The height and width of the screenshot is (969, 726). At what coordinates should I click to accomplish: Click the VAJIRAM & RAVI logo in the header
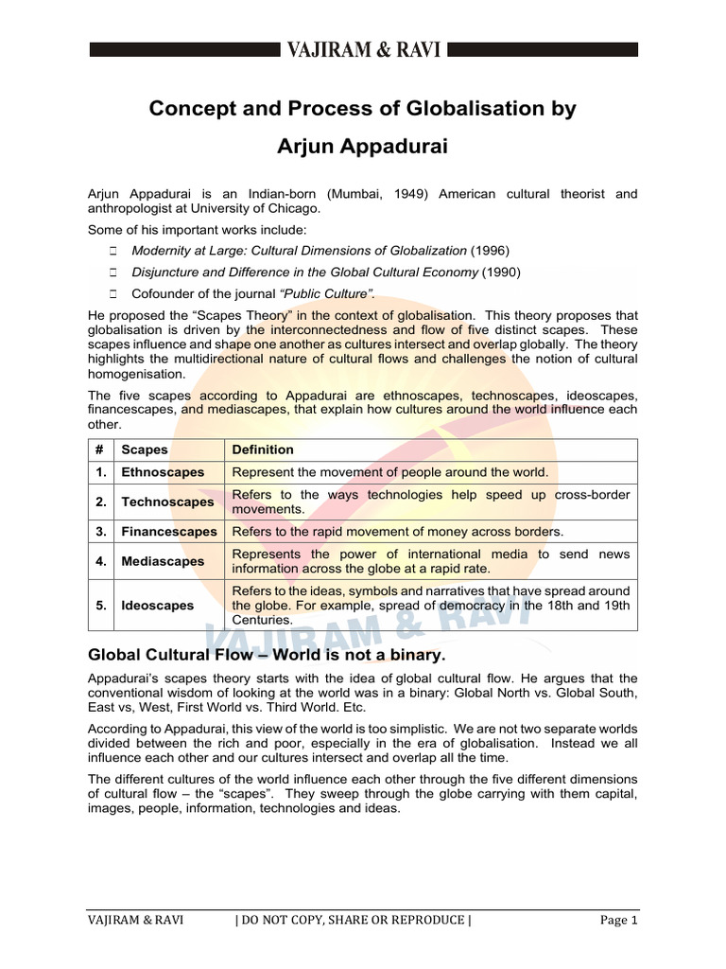[362, 50]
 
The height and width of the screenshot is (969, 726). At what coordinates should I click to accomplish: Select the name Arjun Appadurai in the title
[362, 148]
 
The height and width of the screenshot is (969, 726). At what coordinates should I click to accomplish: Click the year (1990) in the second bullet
[501, 272]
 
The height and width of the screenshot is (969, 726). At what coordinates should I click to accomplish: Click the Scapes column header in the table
[145, 449]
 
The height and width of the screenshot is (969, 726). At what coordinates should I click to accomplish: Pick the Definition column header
[263, 449]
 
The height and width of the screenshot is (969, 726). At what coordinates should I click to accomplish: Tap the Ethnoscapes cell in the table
[163, 472]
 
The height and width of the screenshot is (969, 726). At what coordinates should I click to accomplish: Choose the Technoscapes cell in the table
[167, 502]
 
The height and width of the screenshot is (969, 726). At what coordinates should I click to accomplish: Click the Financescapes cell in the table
[169, 532]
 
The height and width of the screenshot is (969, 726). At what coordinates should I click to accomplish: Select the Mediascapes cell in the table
[163, 561]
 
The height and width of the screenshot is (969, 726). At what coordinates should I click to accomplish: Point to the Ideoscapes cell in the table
[158, 605]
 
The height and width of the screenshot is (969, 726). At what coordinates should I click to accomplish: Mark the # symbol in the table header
[99, 449]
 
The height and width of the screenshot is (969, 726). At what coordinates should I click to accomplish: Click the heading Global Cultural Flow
[266, 655]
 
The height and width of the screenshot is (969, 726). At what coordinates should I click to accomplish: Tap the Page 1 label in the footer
[619, 920]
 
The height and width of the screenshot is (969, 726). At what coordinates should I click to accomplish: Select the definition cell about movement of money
[397, 532]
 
